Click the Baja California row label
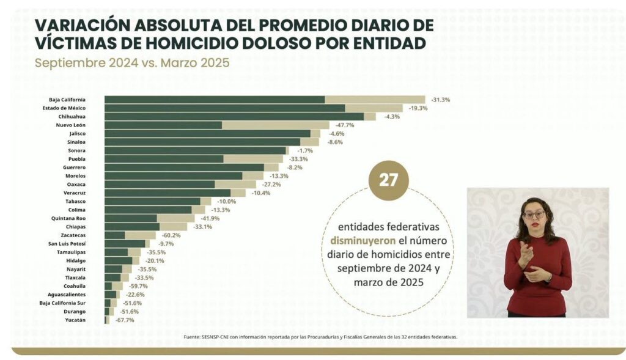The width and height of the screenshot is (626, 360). [67, 100]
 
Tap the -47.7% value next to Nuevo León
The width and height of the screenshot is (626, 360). [344, 125]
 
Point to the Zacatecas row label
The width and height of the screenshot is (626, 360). [73, 235]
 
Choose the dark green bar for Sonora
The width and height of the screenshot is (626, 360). [195, 150]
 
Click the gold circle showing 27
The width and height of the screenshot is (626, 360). [388, 180]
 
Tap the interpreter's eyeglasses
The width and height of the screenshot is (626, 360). [534, 215]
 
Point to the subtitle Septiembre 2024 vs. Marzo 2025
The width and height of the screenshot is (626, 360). [132, 63]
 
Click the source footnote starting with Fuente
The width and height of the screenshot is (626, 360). [320, 337]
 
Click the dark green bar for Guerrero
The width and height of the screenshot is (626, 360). [184, 167]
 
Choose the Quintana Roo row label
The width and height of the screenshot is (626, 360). [70, 218]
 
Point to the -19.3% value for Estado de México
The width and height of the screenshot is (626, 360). [418, 108]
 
